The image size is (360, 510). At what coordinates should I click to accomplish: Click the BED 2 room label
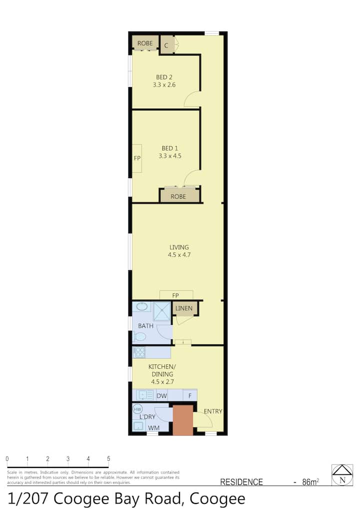pos(164,78)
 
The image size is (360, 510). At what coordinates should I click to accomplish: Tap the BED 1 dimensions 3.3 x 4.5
pos(170,156)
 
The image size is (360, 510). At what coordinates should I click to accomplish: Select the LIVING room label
pos(179,248)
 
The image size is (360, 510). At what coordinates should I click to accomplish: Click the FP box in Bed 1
pos(137,158)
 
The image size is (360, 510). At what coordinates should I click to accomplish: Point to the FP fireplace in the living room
pos(176,295)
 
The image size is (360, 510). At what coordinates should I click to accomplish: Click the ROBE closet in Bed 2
pos(145,43)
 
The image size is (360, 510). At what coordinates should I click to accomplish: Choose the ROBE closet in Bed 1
pos(179,196)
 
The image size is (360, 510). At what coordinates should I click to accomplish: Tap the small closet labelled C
pos(166,45)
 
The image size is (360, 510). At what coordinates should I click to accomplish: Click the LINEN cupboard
pos(184,308)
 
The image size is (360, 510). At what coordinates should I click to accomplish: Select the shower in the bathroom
pos(161,312)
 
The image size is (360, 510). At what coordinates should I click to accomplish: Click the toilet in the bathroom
pos(139,337)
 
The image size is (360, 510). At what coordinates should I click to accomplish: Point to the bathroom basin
pos(142,306)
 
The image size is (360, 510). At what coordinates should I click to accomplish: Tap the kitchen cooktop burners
pos(139,352)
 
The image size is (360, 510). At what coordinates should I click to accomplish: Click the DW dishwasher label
pos(161,396)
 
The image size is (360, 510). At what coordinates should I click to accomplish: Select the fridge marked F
pos(190,395)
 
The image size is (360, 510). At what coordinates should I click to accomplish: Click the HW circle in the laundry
pos(137,409)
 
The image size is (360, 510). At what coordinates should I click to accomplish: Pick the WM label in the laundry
pos(153,428)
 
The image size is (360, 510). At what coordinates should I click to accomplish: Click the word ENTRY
pos(213,411)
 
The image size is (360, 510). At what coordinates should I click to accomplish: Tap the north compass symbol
pos(342,475)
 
